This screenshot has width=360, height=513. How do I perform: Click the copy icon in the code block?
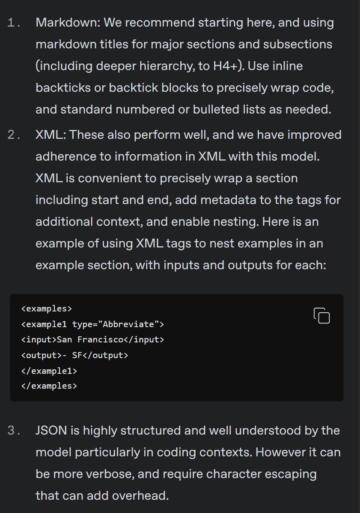322,316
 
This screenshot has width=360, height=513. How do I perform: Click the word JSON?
51,430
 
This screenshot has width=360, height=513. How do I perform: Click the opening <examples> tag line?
46,308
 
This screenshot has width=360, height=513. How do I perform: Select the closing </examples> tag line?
49,385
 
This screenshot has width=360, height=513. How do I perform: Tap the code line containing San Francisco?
92,339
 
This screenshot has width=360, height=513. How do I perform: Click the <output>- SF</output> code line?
74,355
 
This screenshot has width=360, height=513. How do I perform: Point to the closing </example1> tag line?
49,370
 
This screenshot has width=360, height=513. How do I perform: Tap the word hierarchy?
169,66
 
